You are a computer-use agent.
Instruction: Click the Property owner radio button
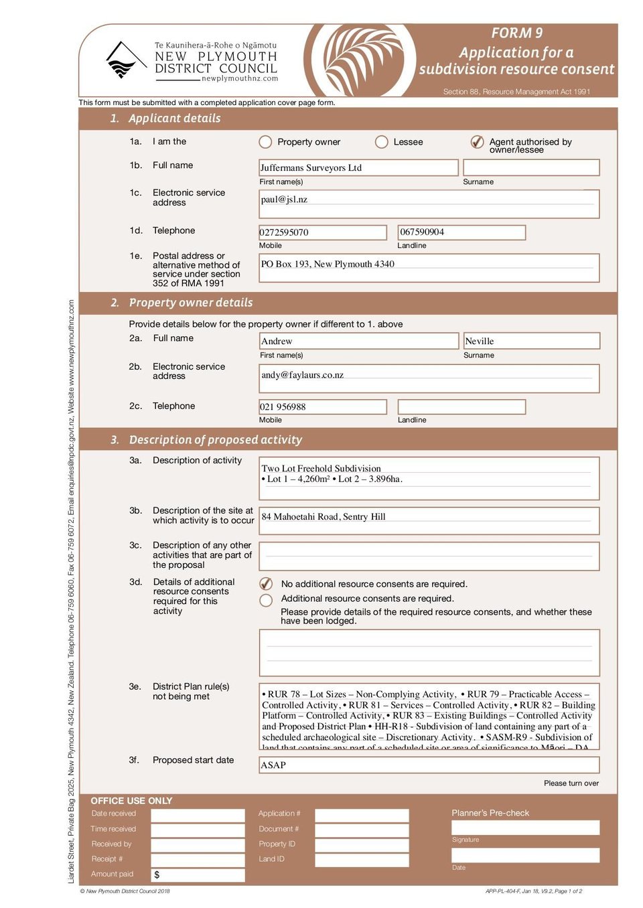[x=265, y=142]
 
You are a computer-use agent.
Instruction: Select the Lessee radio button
[x=382, y=142]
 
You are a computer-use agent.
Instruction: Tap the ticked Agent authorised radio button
[x=477, y=142]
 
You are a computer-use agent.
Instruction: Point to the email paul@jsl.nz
[x=285, y=200]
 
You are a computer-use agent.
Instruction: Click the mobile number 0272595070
[x=285, y=232]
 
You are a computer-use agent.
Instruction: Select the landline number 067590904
[x=423, y=232]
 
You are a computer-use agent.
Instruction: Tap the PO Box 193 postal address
[x=328, y=264]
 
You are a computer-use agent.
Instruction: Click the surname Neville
[x=480, y=342]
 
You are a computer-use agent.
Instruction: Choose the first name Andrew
[x=277, y=342]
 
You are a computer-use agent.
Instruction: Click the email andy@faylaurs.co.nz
[x=303, y=375]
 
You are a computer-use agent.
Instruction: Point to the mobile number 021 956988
[x=283, y=407]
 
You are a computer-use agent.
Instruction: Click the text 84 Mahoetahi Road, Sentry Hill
[x=324, y=517]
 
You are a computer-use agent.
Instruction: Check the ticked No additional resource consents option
[x=266, y=584]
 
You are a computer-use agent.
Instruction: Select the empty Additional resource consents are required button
[x=266, y=600]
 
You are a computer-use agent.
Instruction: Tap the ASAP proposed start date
[x=273, y=765]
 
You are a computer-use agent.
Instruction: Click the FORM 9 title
[x=517, y=33]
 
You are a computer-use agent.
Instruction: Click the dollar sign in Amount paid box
[x=157, y=875]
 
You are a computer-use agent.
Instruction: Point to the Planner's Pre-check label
[x=490, y=813]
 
